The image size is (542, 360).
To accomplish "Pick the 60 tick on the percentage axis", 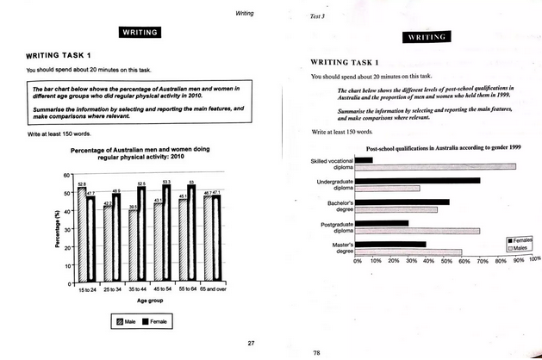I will pyautogui.click(x=65, y=175).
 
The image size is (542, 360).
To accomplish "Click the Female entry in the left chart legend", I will pyautogui.click(x=155, y=320).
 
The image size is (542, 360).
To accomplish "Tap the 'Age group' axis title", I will pyautogui.click(x=145, y=301).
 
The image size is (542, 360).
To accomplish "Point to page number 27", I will pyautogui.click(x=251, y=344).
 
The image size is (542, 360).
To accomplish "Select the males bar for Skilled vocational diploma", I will pyautogui.click(x=435, y=165).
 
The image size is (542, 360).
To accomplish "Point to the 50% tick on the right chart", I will pyautogui.click(x=445, y=261).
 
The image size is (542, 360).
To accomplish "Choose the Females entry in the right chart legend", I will pyautogui.click(x=518, y=239).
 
